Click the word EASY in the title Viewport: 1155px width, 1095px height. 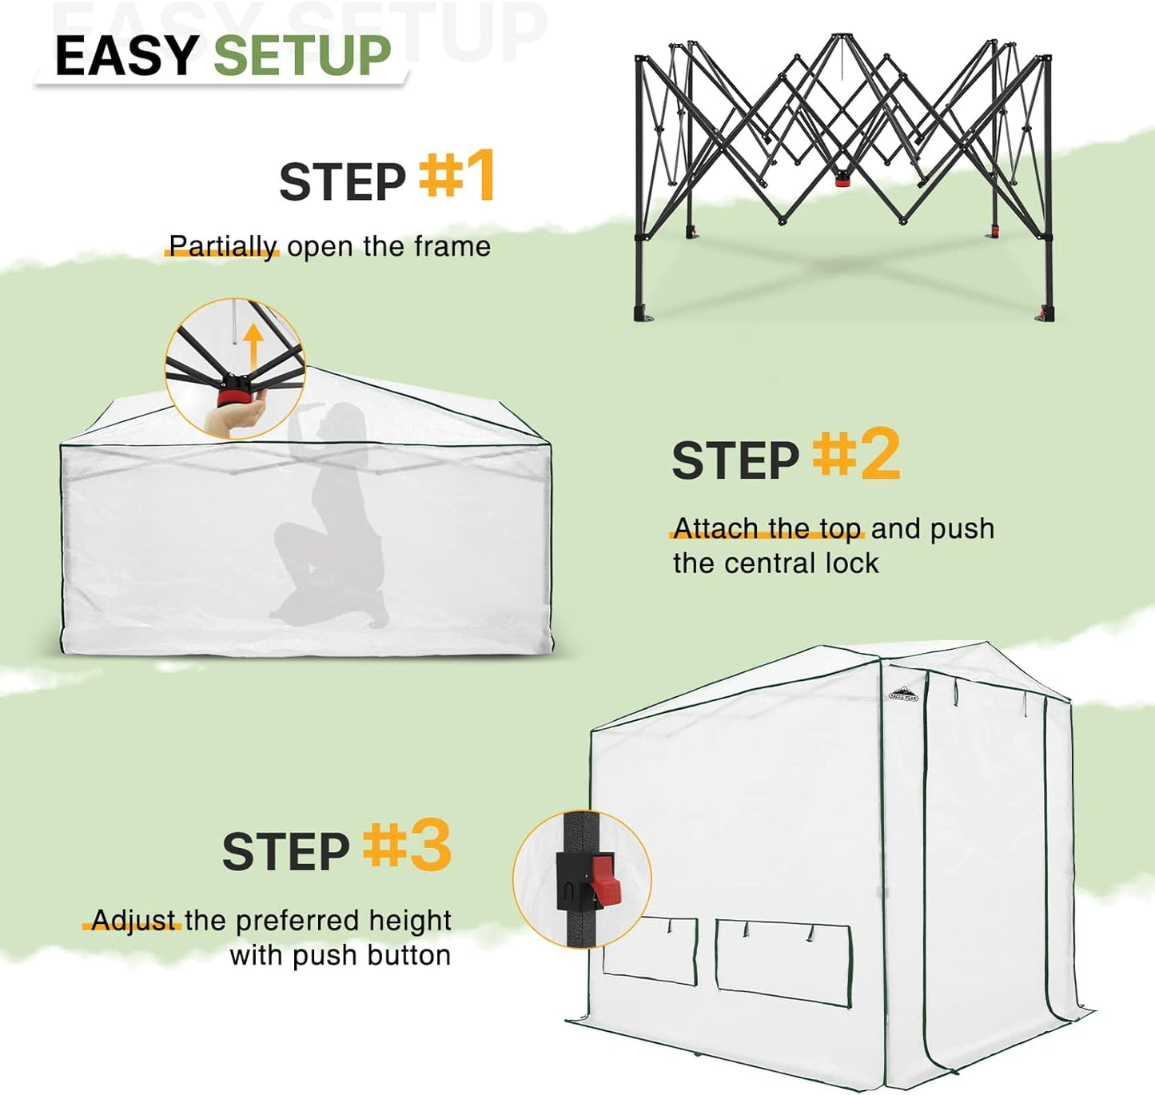point(126,56)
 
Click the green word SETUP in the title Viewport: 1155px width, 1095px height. point(302,56)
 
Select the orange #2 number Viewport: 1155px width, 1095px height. point(856,454)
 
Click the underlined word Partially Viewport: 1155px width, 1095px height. point(223,246)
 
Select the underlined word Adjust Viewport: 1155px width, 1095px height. point(133,921)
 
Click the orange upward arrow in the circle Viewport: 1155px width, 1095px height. point(253,345)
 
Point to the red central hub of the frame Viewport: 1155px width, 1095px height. point(842,181)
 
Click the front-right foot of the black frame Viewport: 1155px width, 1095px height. point(1045,313)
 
